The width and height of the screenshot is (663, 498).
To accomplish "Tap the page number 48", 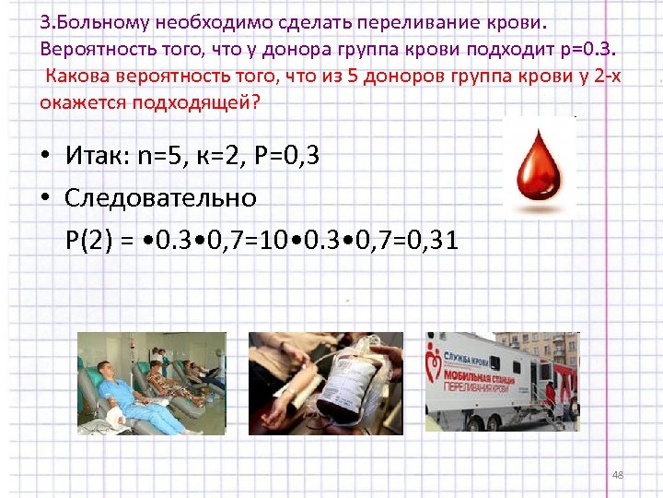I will coord(618,475).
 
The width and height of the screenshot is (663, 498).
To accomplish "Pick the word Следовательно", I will coord(161,197).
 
